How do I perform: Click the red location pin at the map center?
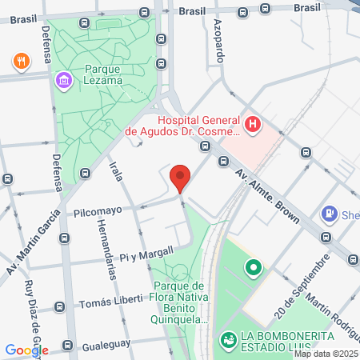click(180, 178)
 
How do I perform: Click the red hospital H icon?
click(253, 124)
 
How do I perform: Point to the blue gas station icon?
click(328, 214)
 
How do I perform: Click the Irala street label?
click(116, 172)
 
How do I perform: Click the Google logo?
click(26, 350)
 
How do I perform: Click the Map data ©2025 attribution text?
click(326, 354)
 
